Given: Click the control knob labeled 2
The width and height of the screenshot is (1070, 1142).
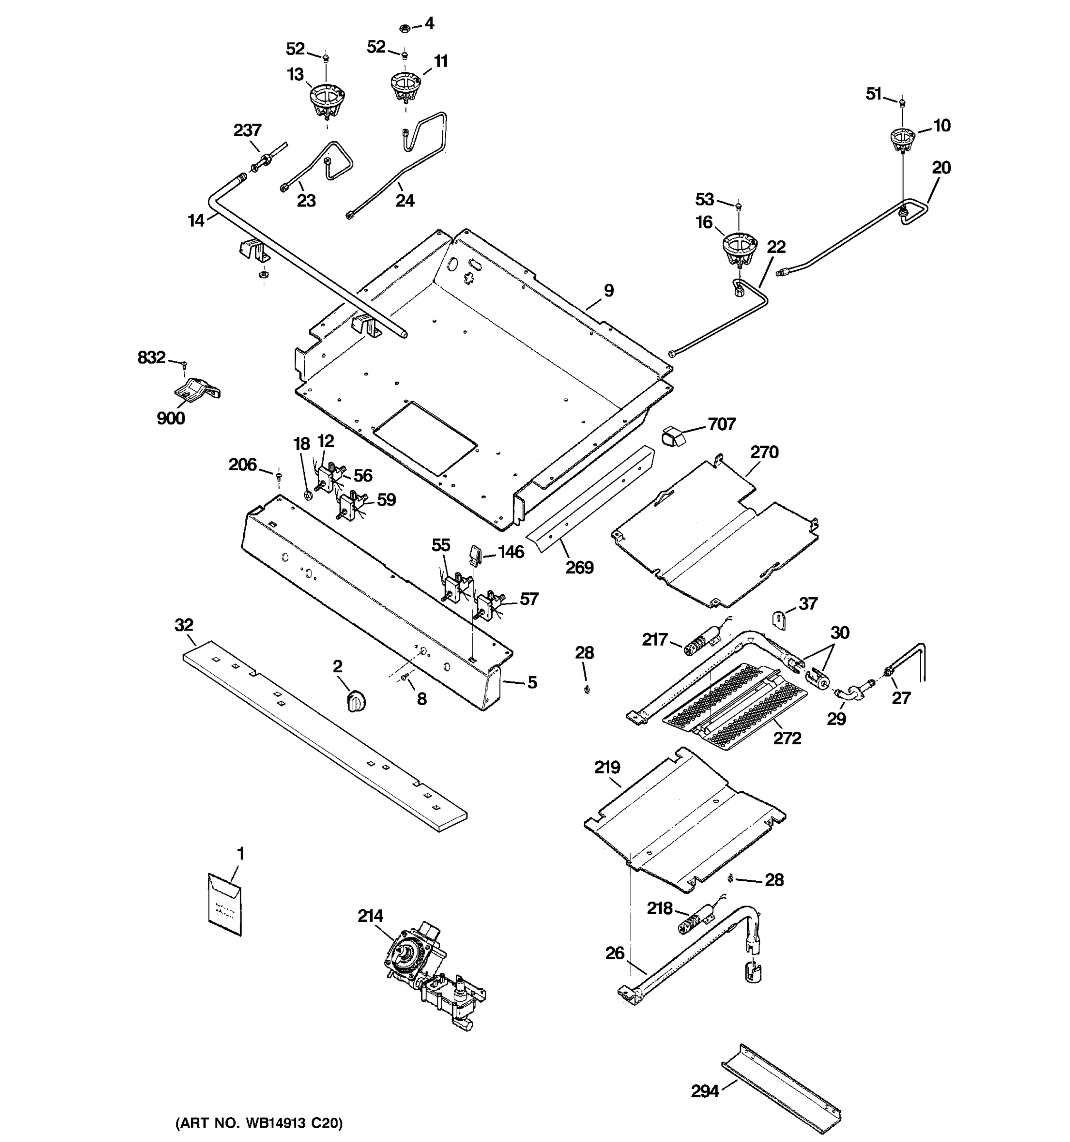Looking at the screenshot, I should (x=357, y=702).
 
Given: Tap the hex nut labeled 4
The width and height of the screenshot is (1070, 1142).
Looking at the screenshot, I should (x=404, y=27).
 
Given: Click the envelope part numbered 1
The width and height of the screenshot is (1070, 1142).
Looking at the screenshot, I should (x=224, y=906).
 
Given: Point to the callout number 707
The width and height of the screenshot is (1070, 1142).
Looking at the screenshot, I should (x=721, y=424).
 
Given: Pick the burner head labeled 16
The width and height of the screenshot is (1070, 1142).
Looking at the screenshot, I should (x=738, y=249).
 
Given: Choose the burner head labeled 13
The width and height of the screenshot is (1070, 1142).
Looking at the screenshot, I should (x=326, y=100).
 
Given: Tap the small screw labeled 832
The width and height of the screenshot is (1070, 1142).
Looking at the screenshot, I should (x=184, y=364).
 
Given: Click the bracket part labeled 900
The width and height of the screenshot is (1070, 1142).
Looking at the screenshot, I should (x=196, y=390).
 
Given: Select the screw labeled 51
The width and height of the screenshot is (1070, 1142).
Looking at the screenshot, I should (x=902, y=103).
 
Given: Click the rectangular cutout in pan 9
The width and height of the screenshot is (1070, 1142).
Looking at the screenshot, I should (x=425, y=438).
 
